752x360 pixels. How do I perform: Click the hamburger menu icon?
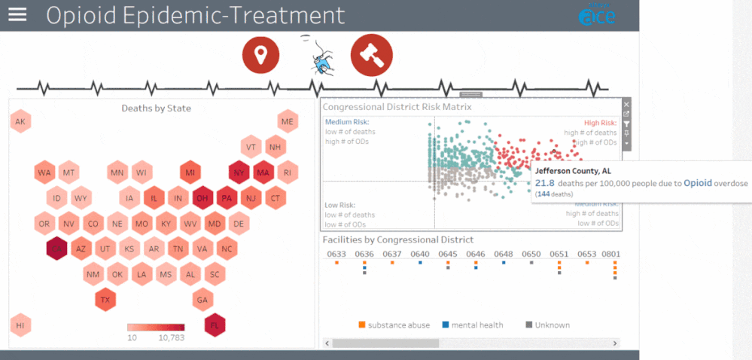click(17, 15)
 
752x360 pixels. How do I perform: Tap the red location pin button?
click(260, 55)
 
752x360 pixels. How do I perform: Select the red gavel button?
click(371, 55)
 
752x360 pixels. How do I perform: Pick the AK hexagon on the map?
click(20, 122)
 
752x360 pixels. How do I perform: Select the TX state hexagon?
click(105, 300)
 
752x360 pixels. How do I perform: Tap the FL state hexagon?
click(215, 325)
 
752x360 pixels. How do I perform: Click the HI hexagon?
click(20, 325)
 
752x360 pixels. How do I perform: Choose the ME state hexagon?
click(287, 122)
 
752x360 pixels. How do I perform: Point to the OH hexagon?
click(202, 199)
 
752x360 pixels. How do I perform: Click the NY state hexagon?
click(240, 172)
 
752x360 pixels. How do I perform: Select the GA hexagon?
click(202, 300)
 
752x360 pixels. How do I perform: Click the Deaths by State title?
click(156, 108)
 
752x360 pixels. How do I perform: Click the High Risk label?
click(600, 123)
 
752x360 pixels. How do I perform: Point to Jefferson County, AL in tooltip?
click(572, 171)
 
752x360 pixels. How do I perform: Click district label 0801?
click(610, 255)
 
